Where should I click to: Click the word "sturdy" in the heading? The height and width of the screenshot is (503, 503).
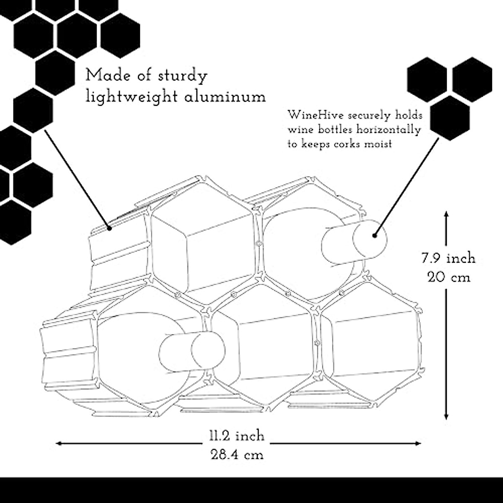183,77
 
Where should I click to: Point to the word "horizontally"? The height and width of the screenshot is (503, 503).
388,130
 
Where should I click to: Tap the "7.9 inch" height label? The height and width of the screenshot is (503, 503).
448,258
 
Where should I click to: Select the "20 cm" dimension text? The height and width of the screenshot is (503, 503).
448,277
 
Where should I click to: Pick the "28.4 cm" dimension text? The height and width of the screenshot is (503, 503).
237,454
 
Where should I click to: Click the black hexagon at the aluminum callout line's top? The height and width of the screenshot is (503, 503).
33,110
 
